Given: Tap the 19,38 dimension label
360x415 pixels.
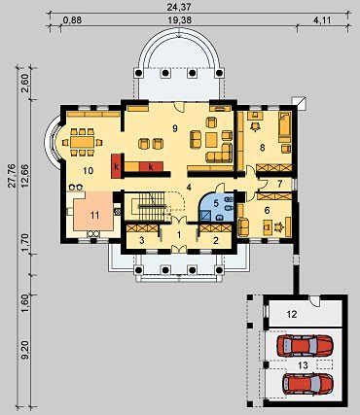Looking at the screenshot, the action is tap(180, 20).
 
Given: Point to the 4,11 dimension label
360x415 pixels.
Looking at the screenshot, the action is tap(322, 20).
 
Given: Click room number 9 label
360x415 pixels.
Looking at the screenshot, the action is tap(175, 128).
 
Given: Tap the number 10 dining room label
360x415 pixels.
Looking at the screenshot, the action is tap(88, 170).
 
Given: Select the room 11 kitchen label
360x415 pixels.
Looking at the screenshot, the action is tap(94, 215).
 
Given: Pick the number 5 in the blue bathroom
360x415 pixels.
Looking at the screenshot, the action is tap(216, 204).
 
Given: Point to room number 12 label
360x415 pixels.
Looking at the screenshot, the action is tap(292, 314).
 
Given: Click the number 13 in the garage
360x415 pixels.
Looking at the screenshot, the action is tap(303, 365).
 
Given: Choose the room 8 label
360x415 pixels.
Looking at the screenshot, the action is tap(263, 148).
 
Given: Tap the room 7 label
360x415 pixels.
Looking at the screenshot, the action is tap(280, 184).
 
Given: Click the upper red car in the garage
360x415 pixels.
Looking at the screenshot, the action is tap(305, 345).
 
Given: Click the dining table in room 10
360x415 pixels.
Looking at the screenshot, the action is tap(83, 142).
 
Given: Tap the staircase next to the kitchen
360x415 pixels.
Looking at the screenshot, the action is tap(153, 206).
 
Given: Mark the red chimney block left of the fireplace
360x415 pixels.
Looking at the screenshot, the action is tap(116, 166).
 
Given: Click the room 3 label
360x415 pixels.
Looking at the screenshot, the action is tap(141, 240).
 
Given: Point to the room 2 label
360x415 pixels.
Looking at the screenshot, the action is tap(215, 240).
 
